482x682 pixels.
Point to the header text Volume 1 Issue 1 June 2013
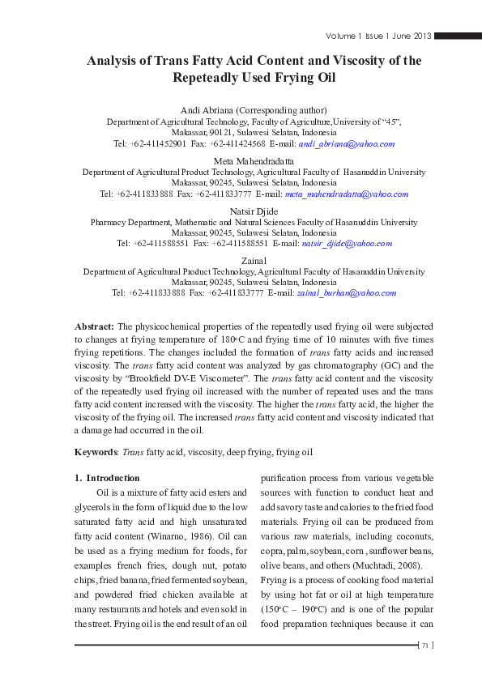click(x=378, y=36)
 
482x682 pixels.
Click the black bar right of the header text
click(x=458, y=36)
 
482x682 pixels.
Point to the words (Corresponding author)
click(x=275, y=110)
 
